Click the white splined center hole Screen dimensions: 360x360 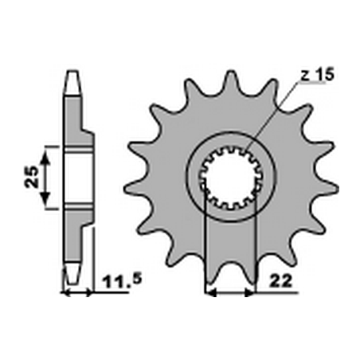click(231, 175)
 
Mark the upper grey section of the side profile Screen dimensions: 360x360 click(76, 119)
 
